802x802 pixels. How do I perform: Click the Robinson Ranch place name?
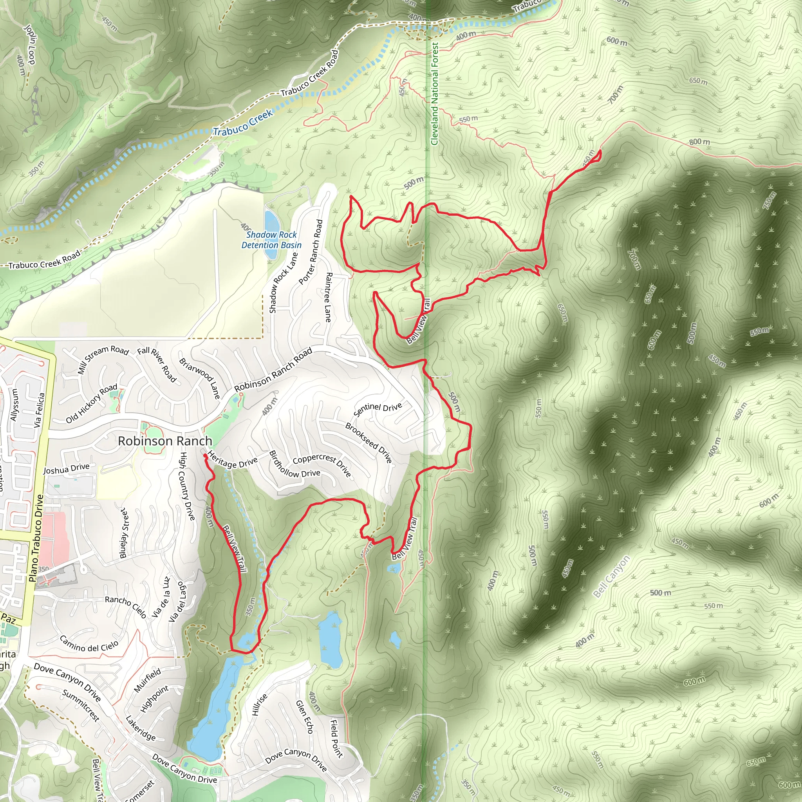click(165, 441)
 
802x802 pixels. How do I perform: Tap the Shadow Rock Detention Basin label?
click(271, 240)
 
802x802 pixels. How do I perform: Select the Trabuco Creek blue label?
click(243, 123)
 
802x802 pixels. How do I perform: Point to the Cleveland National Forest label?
click(435, 94)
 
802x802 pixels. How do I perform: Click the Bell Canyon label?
click(611, 576)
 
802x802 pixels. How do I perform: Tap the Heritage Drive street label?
click(233, 460)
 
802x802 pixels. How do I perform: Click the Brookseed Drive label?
click(368, 443)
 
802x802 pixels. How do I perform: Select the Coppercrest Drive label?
click(322, 465)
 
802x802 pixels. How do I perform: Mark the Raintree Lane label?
click(328, 297)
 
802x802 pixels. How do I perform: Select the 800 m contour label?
click(699, 142)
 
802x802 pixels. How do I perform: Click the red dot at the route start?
click(205, 456)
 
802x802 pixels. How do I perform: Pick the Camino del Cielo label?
click(89, 643)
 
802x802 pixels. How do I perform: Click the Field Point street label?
click(336, 739)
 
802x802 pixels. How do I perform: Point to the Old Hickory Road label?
click(91, 403)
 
